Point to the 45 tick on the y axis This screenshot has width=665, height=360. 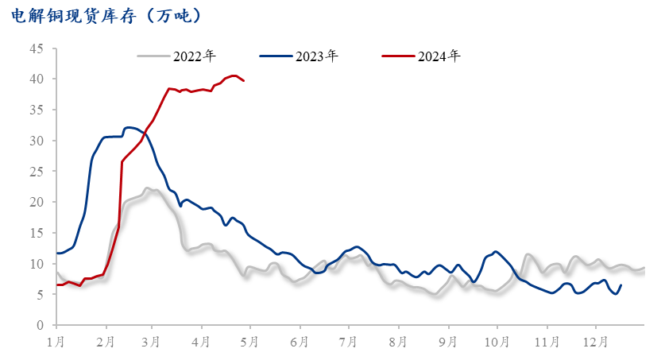tap(37, 48)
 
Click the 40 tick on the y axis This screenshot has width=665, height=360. tap(37, 79)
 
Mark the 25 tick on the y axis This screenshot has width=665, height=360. tap(37, 172)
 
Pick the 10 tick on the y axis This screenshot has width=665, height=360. tap(37, 264)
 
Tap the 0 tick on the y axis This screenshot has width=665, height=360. tap(40, 325)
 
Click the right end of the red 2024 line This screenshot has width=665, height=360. tap(243, 80)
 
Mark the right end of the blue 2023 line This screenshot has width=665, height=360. tap(621, 285)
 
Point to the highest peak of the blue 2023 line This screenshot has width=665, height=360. tap(130, 127)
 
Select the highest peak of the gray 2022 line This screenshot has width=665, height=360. tap(148, 188)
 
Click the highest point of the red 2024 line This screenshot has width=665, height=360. tap(234, 75)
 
